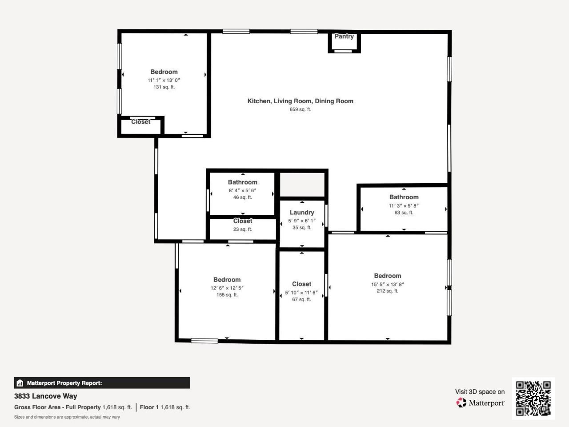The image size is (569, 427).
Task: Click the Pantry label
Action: click(344, 36)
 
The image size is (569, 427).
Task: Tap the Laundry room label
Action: click(302, 213)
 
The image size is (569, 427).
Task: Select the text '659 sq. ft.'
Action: click(300, 109)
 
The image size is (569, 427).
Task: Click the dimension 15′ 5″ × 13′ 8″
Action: click(387, 284)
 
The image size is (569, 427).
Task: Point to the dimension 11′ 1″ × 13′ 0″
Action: click(164, 81)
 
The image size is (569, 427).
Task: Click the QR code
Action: click(533, 398)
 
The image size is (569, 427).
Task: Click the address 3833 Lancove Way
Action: click(46, 396)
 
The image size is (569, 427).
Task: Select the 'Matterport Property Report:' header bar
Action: click(102, 383)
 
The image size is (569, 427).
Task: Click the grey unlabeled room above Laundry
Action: click(302, 184)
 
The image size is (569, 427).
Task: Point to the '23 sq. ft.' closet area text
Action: click(243, 230)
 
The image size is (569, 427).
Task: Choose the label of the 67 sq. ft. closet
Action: click(301, 284)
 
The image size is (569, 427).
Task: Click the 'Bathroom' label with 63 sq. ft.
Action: click(404, 197)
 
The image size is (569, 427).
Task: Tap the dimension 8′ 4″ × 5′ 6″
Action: click(242, 190)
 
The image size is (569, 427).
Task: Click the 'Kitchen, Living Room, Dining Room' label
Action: click(300, 101)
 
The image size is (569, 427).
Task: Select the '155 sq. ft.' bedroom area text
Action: click(227, 295)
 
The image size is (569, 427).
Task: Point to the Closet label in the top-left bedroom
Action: click(140, 122)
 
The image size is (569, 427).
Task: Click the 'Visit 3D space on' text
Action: click(480, 392)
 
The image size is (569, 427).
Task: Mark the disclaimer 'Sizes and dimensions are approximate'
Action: click(67, 417)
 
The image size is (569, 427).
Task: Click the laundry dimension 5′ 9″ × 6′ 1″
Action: click(302, 221)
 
